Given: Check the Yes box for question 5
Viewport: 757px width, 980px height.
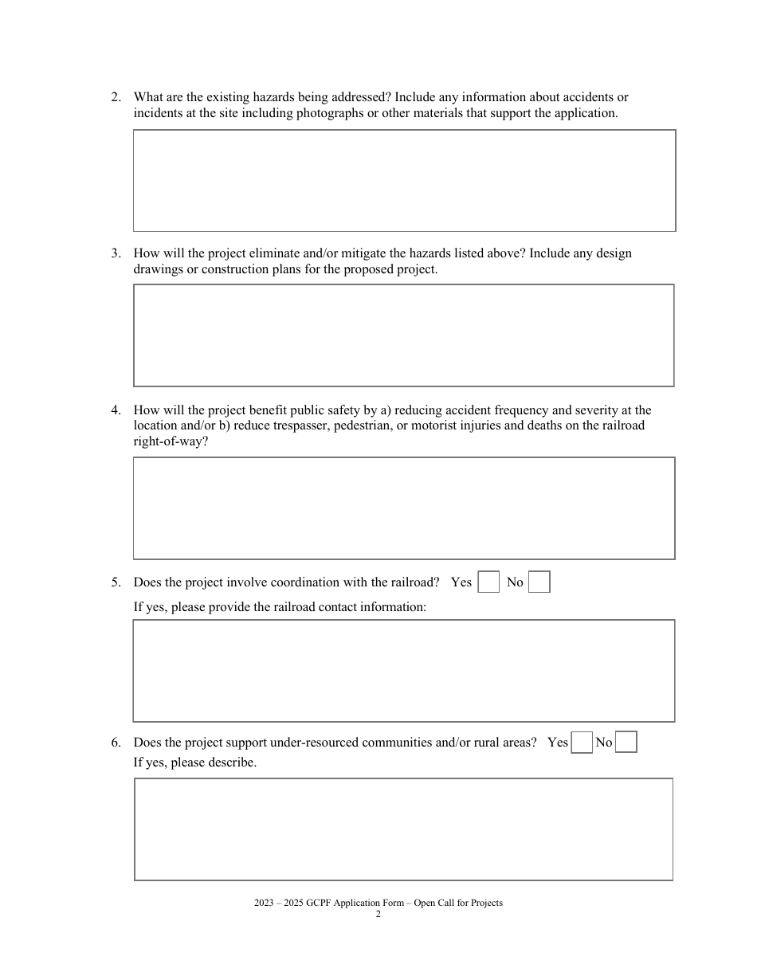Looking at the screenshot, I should click(488, 582).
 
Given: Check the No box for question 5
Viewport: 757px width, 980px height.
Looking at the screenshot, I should click(539, 582).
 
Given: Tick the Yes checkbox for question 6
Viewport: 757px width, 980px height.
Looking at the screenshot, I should click(582, 743).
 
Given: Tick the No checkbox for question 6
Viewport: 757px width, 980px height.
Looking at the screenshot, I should click(626, 743).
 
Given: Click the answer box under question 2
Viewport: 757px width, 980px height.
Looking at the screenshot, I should click(404, 181).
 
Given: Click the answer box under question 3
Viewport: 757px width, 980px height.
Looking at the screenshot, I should click(404, 335).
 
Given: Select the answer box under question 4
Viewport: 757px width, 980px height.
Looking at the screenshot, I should click(404, 508).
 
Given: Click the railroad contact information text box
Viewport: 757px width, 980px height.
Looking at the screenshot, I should click(404, 671).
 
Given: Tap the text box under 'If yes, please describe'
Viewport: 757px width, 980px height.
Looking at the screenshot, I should click(404, 829).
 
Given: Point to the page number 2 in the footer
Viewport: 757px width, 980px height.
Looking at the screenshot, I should click(378, 915).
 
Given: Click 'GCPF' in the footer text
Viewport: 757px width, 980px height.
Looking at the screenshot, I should click(317, 904).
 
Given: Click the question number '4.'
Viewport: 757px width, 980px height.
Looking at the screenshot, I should click(116, 410).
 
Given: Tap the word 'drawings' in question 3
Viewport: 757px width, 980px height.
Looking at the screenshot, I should click(157, 269).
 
